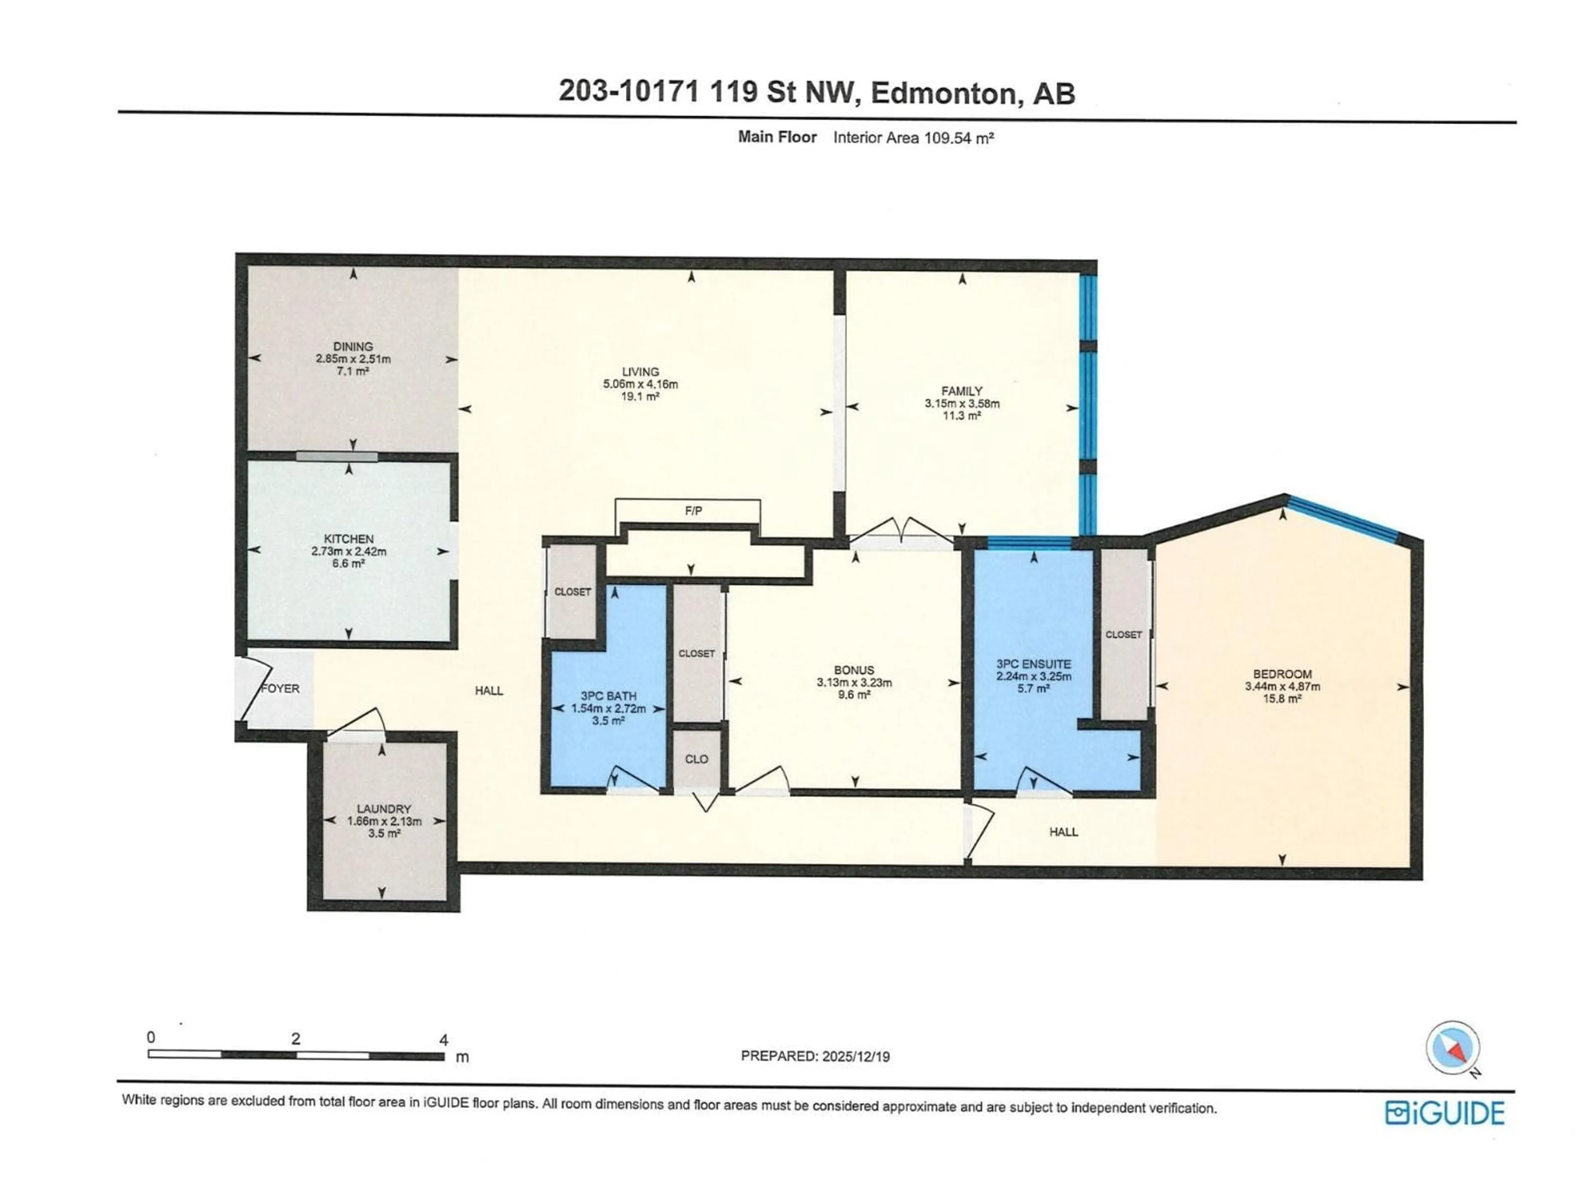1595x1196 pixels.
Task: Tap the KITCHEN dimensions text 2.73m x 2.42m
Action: click(348, 551)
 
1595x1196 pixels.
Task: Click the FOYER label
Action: click(280, 689)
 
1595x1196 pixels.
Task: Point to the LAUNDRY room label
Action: click(384, 809)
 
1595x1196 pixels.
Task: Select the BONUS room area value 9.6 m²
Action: click(854, 695)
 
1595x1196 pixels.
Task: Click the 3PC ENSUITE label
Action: click(1033, 664)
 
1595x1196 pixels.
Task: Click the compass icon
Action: click(1452, 1047)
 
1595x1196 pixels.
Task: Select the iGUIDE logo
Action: click(1444, 1113)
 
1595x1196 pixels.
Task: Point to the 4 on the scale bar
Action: click(444, 1039)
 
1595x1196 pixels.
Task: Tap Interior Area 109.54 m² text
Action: click(913, 138)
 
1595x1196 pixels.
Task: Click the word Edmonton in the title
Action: click(947, 93)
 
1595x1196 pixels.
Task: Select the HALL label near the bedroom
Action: click(1063, 832)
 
